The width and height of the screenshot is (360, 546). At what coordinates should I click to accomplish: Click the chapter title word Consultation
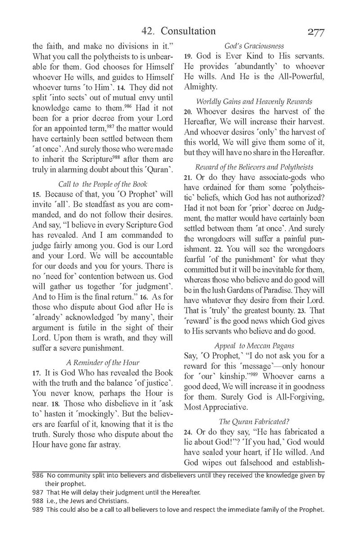tap(186, 31)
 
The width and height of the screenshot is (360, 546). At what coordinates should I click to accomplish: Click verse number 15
tap(36, 195)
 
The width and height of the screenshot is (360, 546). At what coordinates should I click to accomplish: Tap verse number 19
tap(189, 57)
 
